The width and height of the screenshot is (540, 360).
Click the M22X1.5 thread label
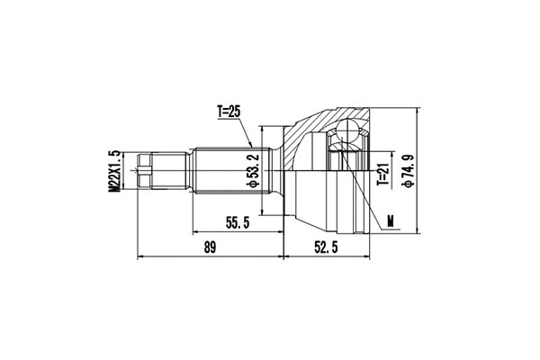[x=115, y=170]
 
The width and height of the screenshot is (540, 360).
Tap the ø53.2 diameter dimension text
[x=255, y=170]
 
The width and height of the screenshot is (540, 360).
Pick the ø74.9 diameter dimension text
[x=409, y=170]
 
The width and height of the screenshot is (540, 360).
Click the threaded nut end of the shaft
[x=149, y=170]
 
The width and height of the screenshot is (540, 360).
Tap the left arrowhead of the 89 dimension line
[x=139, y=257]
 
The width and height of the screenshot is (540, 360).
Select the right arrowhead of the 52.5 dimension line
[x=367, y=257]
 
